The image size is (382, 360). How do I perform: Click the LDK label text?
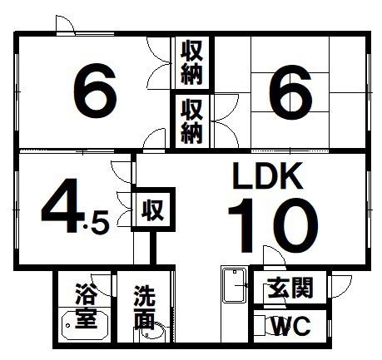pos(267,175)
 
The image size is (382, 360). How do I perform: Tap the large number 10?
pos(273,225)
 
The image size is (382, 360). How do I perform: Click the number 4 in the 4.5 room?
pos(62,205)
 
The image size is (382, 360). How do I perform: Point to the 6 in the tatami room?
pos(290,92)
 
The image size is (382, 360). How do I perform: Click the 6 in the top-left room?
pos(95,91)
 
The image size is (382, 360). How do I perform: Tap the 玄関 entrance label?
pos(290,288)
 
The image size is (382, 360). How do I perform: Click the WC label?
pos(291,326)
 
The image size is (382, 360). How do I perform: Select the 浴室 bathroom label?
pos(86,305)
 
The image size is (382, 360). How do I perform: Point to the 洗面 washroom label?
pos(144,307)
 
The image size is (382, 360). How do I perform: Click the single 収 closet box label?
pos(153,210)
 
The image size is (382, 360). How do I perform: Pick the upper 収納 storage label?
pos(191,62)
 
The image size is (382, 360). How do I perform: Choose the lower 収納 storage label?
pos(191,121)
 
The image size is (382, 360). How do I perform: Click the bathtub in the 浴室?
pos(85,325)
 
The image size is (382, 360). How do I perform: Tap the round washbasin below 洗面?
pos(153,332)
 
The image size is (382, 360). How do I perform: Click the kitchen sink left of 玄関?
pos(235,285)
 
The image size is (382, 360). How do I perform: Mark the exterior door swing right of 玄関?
pos(340,286)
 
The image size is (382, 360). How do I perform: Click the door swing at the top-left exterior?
pos(66,25)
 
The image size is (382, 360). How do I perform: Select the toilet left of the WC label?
pos(267,326)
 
